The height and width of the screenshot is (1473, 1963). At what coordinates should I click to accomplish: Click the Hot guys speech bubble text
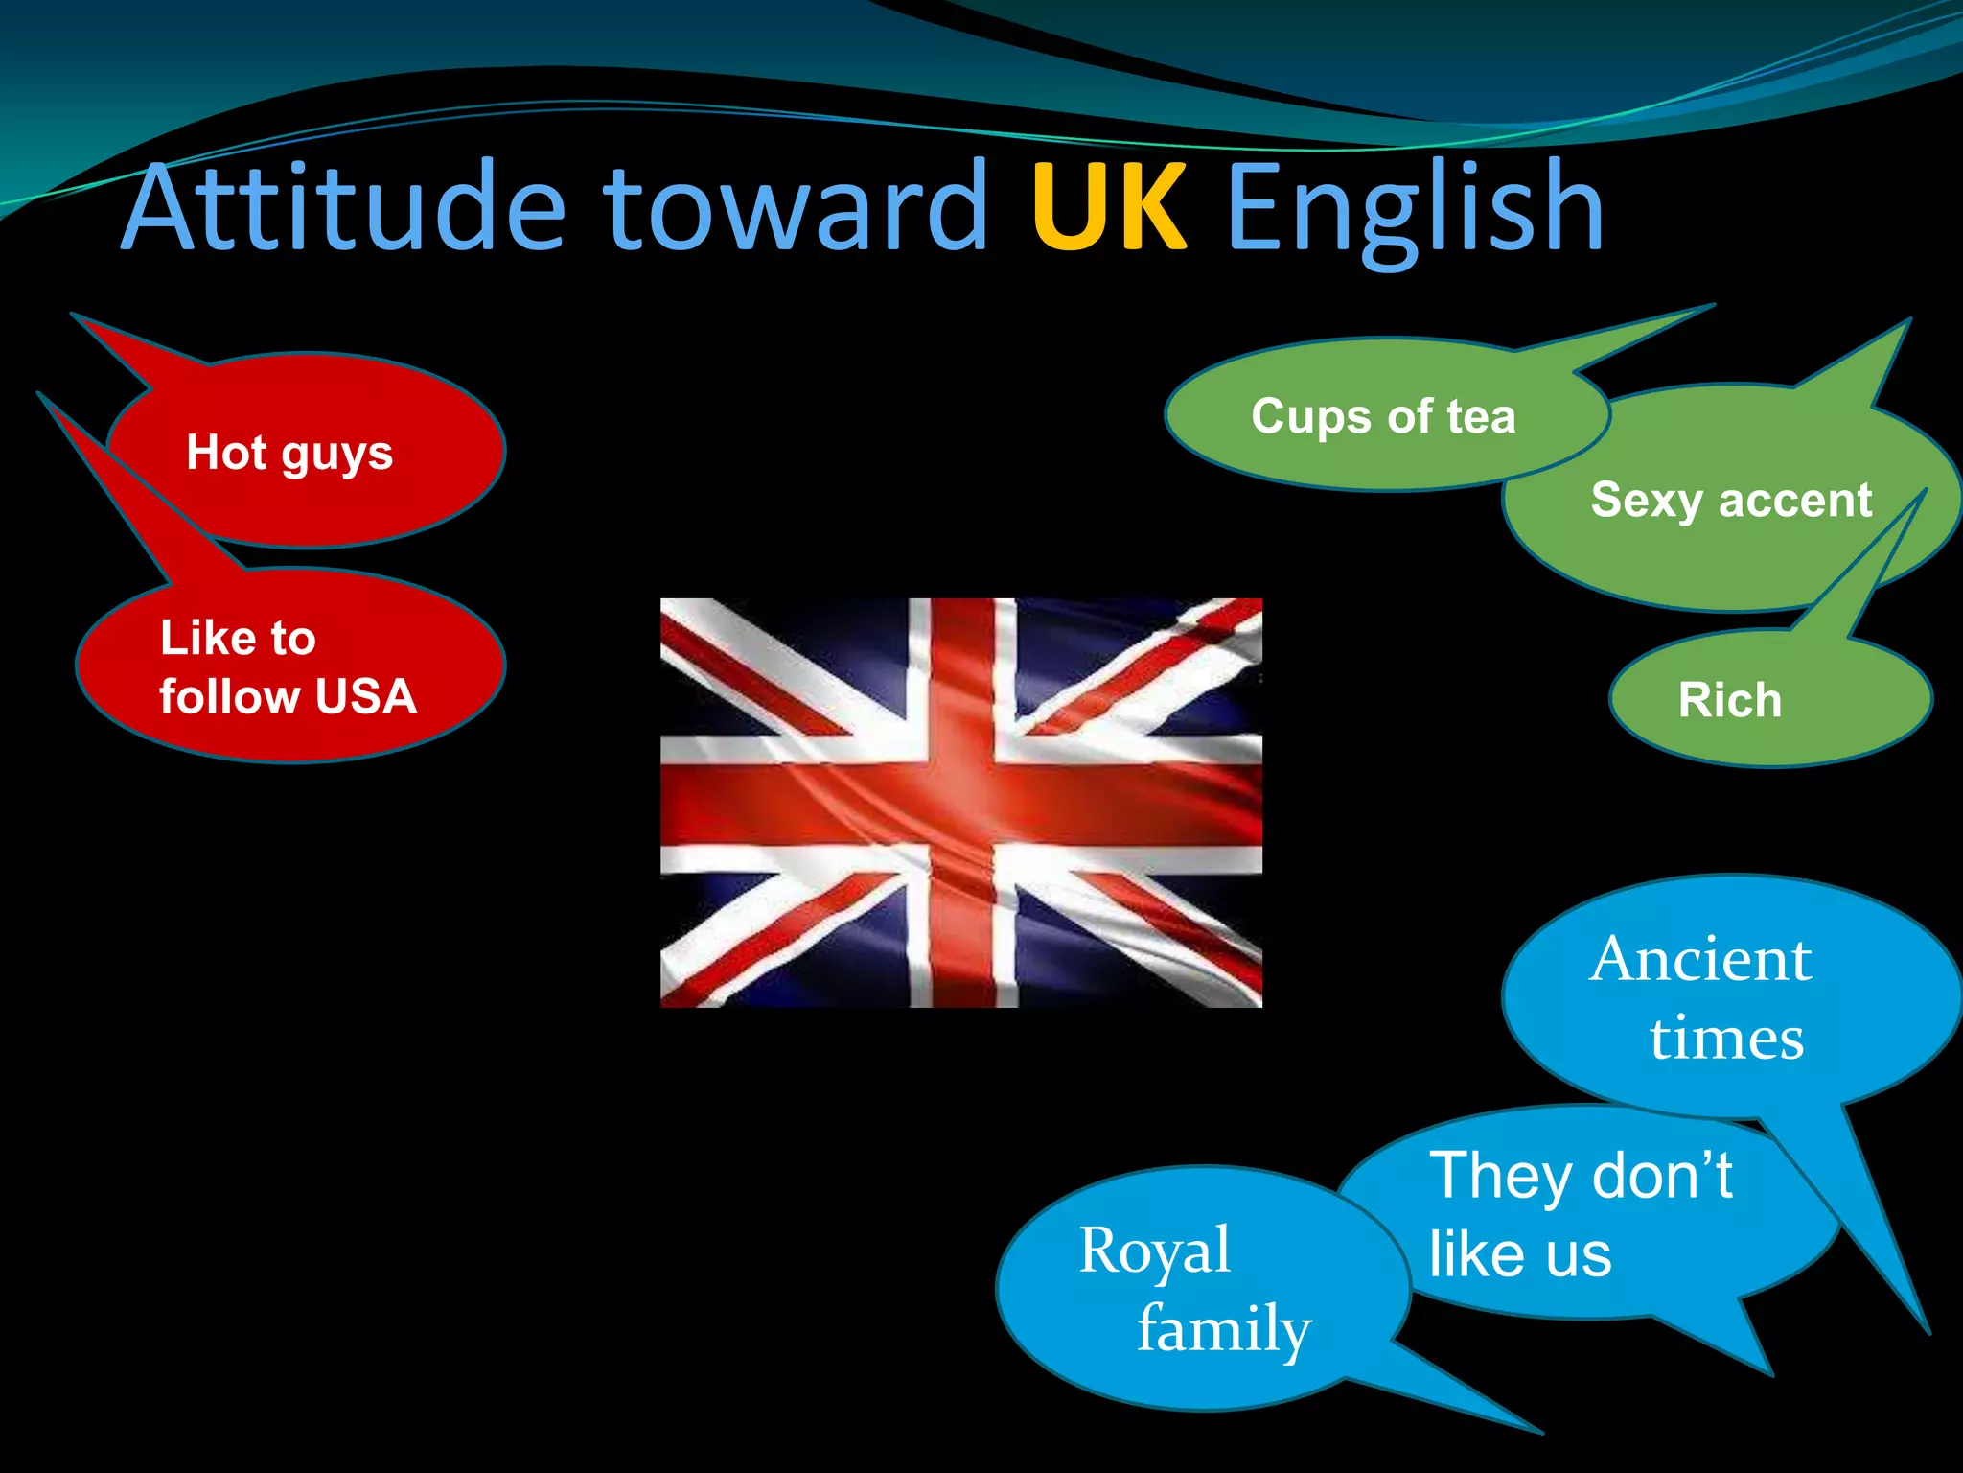(x=289, y=453)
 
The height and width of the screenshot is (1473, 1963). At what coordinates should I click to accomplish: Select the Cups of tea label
(x=1383, y=417)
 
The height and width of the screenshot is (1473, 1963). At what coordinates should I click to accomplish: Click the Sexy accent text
(x=1731, y=501)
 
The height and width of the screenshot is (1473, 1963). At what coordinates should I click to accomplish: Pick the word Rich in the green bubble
(x=1730, y=700)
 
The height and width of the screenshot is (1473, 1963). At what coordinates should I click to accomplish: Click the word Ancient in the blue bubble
(x=1700, y=959)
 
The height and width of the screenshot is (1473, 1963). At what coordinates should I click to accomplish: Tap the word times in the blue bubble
(x=1726, y=1038)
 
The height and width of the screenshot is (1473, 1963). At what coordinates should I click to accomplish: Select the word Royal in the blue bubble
(x=1155, y=1251)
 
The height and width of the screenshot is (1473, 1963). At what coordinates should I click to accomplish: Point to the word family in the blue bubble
(x=1224, y=1329)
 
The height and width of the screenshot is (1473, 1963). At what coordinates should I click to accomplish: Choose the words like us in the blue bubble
(x=1520, y=1254)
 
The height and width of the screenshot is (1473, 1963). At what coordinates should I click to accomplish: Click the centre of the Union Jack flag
(x=961, y=803)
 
